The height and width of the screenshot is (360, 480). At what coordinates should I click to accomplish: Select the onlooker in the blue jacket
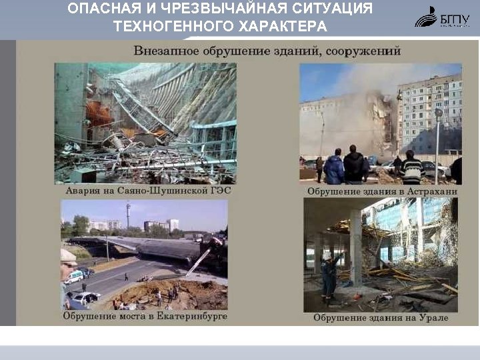click(333, 167)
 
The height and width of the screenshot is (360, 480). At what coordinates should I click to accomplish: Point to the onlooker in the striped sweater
click(413, 168)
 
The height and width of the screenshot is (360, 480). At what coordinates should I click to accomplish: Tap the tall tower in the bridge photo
click(127, 217)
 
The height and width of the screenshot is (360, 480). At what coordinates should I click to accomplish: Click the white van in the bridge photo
click(74, 275)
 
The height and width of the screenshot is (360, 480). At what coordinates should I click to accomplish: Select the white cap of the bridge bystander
click(67, 255)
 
